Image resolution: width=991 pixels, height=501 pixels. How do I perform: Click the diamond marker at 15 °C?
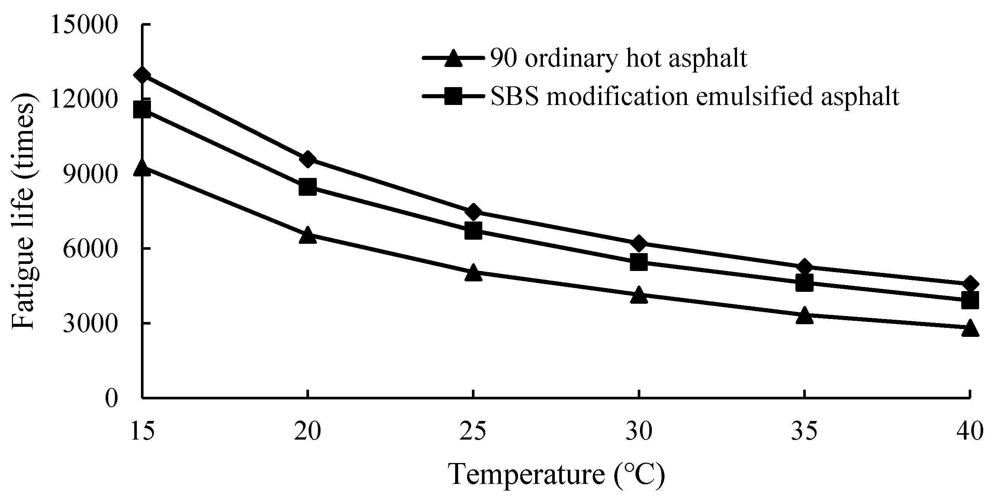(x=142, y=76)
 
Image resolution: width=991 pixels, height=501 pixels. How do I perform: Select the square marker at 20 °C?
(x=308, y=187)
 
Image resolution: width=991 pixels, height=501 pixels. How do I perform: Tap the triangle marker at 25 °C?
(x=473, y=272)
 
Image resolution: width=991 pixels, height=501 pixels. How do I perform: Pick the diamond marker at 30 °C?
(x=638, y=243)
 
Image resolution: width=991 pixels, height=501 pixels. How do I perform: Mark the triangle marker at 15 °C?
(x=142, y=168)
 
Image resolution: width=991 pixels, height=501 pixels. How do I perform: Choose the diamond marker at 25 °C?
(x=473, y=211)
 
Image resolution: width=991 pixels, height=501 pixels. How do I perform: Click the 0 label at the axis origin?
(x=112, y=398)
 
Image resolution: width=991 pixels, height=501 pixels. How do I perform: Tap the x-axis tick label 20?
(x=308, y=431)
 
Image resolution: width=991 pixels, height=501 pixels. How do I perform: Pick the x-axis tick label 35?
(x=804, y=431)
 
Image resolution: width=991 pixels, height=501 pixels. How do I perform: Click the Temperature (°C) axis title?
(x=556, y=475)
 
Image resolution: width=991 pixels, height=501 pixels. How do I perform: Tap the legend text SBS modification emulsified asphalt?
(x=695, y=96)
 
